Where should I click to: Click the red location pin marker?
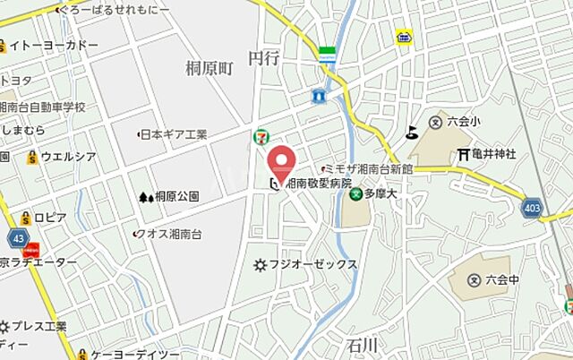[x=282, y=162]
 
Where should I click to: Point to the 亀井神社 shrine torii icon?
[x=463, y=154]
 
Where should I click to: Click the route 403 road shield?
[x=535, y=208]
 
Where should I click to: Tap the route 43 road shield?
[x=18, y=237]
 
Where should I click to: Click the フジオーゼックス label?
[x=313, y=264]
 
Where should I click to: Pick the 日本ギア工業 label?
[x=175, y=134]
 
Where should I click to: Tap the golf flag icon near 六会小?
[x=411, y=132]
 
